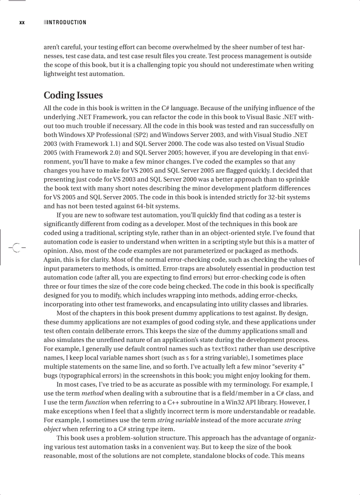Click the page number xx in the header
22,22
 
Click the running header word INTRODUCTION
67,22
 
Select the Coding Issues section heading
73,95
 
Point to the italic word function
97,402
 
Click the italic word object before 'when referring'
52,429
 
